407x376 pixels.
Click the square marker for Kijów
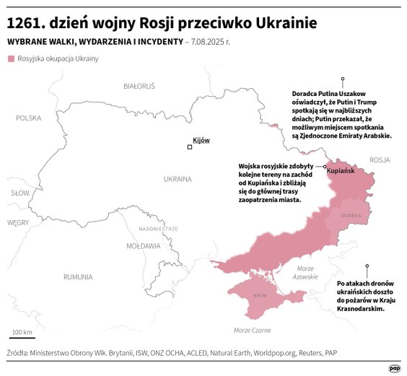point(190,147)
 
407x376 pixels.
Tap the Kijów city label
point(201,140)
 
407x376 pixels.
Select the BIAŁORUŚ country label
point(139,86)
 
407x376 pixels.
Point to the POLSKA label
point(29,118)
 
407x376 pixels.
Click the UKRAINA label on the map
point(178,178)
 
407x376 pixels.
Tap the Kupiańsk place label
point(341,172)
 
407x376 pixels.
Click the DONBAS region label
point(351,215)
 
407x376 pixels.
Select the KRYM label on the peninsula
point(261,296)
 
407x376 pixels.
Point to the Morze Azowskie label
point(307,273)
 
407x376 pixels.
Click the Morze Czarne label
point(252,330)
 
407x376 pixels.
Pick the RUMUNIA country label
point(77,276)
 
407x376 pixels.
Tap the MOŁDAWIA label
point(143,246)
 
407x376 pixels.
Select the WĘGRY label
point(17,223)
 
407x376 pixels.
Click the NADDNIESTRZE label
point(158,229)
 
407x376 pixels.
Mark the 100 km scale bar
point(22,338)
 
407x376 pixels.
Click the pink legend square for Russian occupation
point(11,58)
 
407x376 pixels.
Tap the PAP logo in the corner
point(394,367)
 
